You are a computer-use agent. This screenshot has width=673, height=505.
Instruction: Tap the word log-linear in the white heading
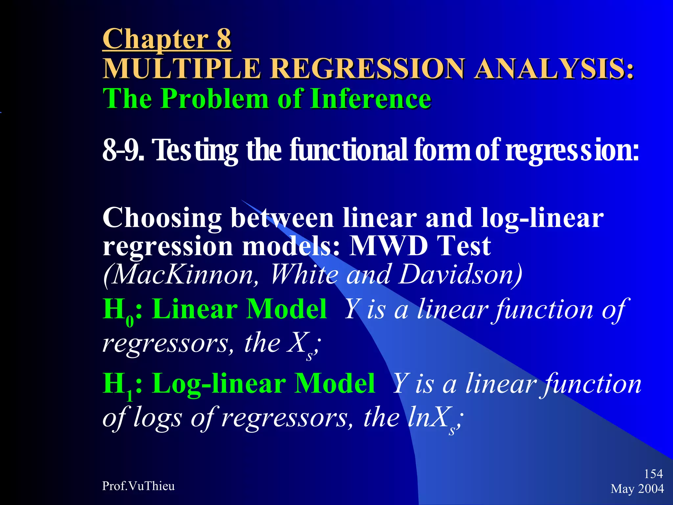pos(542,218)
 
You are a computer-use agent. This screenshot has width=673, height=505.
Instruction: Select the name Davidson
pos(460,275)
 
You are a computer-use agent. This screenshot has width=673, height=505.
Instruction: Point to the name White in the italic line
pos(304,275)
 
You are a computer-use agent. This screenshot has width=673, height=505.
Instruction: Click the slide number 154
pos(653,474)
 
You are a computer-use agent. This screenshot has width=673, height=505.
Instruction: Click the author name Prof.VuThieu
pos(138,486)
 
